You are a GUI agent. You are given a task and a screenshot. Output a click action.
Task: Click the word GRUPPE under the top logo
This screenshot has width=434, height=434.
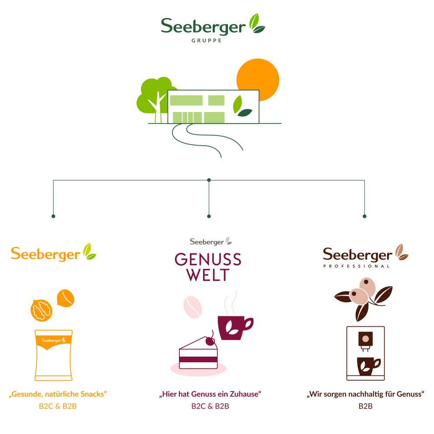207,41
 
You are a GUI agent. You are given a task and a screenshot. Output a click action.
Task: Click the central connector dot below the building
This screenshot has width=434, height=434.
209,180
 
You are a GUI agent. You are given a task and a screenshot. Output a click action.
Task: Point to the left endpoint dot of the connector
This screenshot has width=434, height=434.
53,216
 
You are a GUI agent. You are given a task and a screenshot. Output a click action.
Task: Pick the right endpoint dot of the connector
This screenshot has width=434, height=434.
364,216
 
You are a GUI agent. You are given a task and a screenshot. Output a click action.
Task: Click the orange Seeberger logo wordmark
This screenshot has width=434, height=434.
46,254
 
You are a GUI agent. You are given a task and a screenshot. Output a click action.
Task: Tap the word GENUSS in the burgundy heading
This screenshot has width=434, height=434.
208,260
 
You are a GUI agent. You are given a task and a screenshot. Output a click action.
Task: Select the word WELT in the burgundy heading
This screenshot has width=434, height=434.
208,275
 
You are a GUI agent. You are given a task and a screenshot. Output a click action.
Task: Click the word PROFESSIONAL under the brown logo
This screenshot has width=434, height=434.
357,266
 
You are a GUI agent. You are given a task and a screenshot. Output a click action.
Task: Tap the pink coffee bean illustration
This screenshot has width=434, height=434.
192,307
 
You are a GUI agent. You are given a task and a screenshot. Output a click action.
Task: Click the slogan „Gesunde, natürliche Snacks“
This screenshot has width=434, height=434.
58,394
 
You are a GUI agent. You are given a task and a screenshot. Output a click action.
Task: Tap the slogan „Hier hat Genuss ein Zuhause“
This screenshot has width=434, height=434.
210,394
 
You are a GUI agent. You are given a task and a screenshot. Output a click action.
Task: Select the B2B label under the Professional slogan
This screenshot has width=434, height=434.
365,406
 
